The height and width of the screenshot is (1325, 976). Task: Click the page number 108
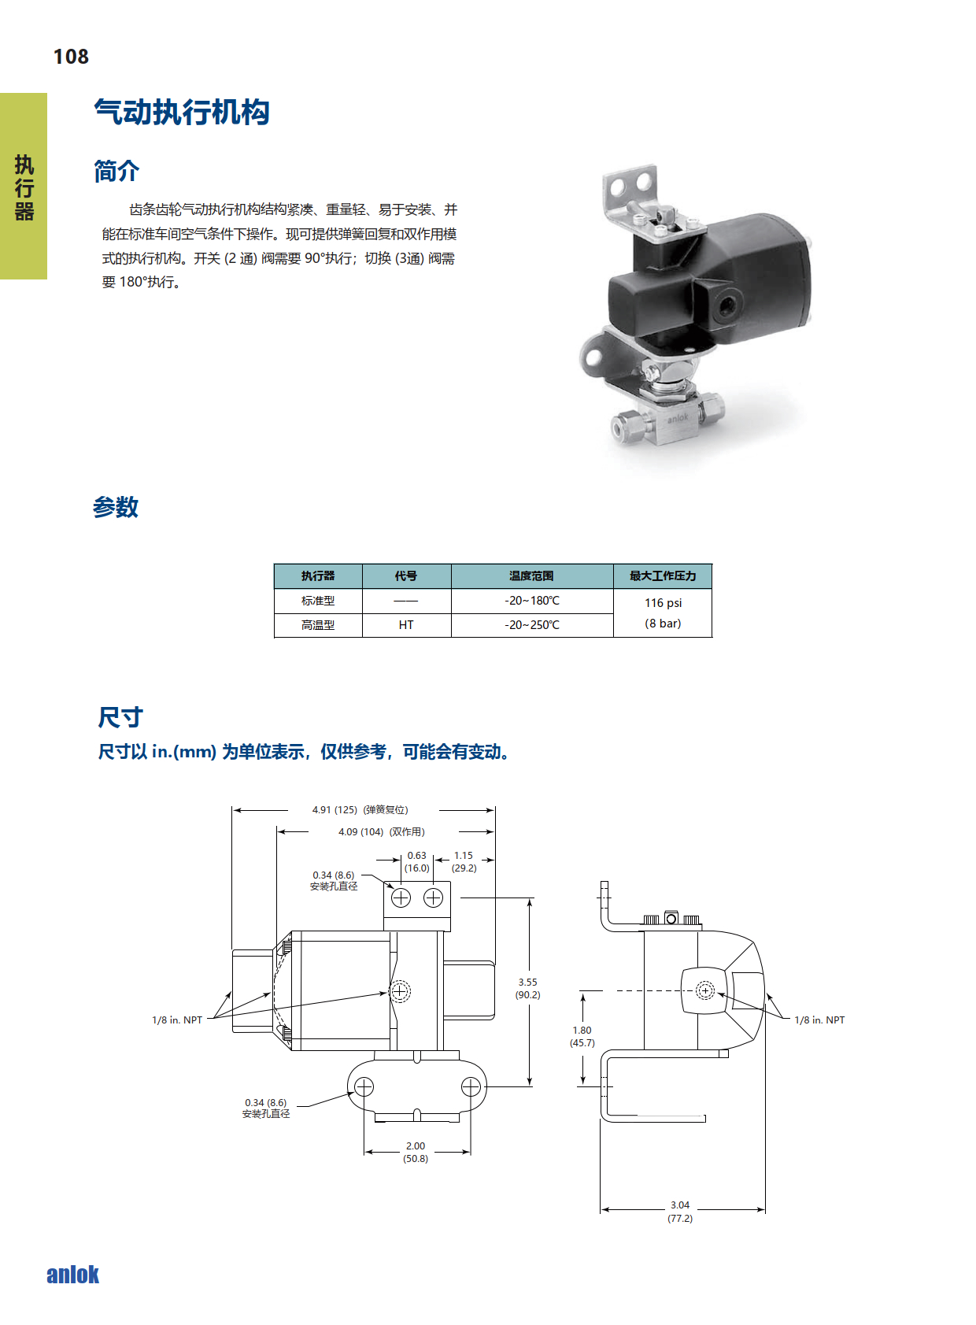click(71, 57)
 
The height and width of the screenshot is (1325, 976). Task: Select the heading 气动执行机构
click(182, 112)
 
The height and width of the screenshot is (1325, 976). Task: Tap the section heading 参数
click(116, 507)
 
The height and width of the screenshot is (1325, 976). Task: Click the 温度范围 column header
click(531, 576)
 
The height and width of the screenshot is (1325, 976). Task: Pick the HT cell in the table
click(406, 624)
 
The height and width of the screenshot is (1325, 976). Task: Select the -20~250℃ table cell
click(532, 624)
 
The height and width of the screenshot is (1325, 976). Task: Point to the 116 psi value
click(663, 603)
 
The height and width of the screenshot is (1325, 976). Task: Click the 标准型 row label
click(318, 601)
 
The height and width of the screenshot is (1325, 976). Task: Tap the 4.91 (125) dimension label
click(335, 810)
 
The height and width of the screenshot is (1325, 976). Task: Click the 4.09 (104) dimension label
click(360, 831)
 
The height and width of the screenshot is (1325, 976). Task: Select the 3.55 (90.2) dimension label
click(527, 988)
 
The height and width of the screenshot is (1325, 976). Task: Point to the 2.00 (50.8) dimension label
click(416, 1153)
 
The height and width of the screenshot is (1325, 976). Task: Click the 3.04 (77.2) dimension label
click(679, 1212)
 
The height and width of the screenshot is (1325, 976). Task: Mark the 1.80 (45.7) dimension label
click(582, 1036)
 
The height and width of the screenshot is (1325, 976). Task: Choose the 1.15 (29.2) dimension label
click(464, 862)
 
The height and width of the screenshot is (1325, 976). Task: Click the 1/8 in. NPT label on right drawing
click(819, 1020)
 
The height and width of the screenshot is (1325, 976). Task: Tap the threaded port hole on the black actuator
click(725, 305)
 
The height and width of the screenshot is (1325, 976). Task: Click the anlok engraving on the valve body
click(678, 418)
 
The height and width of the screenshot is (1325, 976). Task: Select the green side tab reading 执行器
click(24, 187)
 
